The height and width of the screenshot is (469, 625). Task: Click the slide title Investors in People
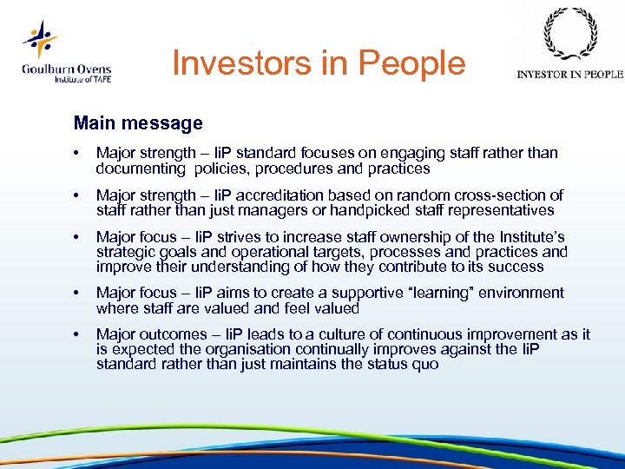(x=319, y=63)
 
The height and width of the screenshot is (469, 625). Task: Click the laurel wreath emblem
(x=569, y=36)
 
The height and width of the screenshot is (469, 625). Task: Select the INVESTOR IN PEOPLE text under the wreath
(x=569, y=75)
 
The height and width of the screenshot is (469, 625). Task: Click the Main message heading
(x=138, y=123)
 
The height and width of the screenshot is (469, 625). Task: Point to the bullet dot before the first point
(x=79, y=154)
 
